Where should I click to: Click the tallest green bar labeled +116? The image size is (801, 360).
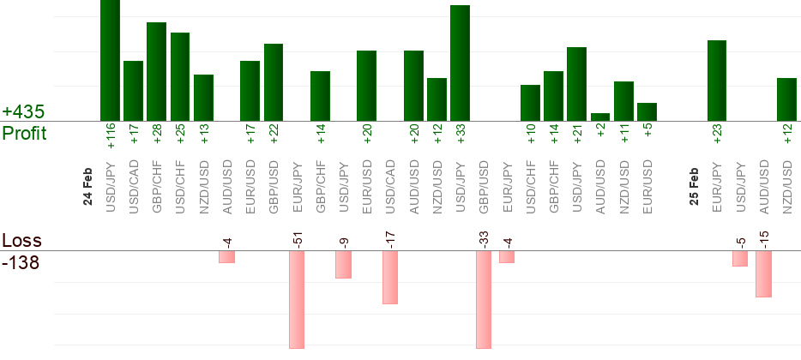110,60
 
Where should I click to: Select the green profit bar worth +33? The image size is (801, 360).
460,63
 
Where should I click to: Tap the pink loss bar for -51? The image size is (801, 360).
297,299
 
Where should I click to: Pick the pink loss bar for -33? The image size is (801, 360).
484,299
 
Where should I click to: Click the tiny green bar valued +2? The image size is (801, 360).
600,117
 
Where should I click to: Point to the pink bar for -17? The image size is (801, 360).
390,278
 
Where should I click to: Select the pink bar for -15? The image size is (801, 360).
763,273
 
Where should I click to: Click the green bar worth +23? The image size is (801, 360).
717,81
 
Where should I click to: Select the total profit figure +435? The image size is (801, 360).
23,112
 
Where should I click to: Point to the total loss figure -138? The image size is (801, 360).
21,262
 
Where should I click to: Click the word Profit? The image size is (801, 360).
24,134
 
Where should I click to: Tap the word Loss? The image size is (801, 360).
20,241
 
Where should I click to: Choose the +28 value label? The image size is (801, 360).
157,136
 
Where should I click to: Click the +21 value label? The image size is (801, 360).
577,136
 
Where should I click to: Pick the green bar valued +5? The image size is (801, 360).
647,112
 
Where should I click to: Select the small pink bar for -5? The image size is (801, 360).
740,258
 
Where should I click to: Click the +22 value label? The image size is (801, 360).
274,136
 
